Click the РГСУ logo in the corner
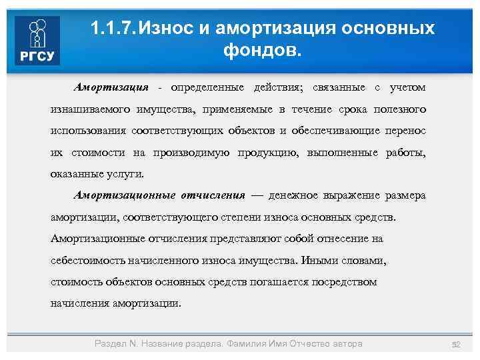pos(37,41)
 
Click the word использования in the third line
pos(88,130)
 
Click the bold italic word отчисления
pos(213,195)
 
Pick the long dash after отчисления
pos(257,195)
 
